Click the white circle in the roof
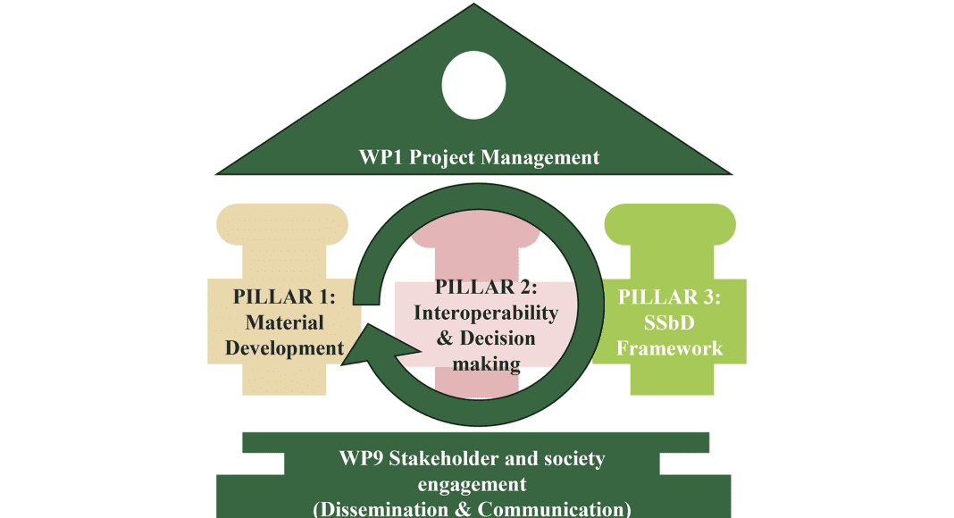tap(473, 85)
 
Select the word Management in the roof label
tap(540, 158)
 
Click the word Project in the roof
tap(441, 158)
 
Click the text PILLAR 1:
tap(284, 297)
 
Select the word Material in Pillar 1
tap(284, 322)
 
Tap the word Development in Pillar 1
tap(284, 348)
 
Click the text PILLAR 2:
tap(486, 287)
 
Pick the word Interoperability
tap(486, 313)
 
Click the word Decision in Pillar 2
tap(497, 338)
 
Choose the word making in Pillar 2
tap(486, 364)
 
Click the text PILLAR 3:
tap(669, 297)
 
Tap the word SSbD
tap(669, 322)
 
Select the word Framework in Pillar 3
tap(669, 348)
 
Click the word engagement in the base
tap(473, 485)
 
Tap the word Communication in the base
tap(550, 509)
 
